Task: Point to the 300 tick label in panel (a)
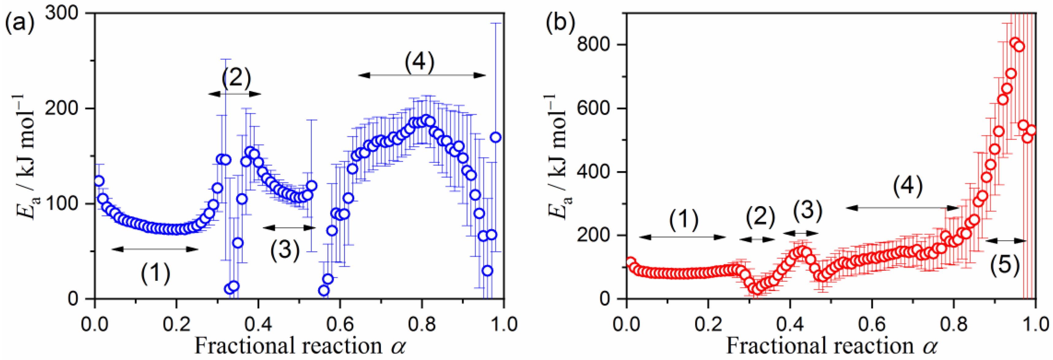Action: [x=61, y=13]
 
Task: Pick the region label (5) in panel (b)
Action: [x=1005, y=265]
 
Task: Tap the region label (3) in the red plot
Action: [x=808, y=211]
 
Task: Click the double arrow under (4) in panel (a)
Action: [x=422, y=75]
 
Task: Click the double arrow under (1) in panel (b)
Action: [x=682, y=237]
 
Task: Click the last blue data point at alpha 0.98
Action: [x=495, y=137]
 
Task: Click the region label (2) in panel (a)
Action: [x=236, y=78]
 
